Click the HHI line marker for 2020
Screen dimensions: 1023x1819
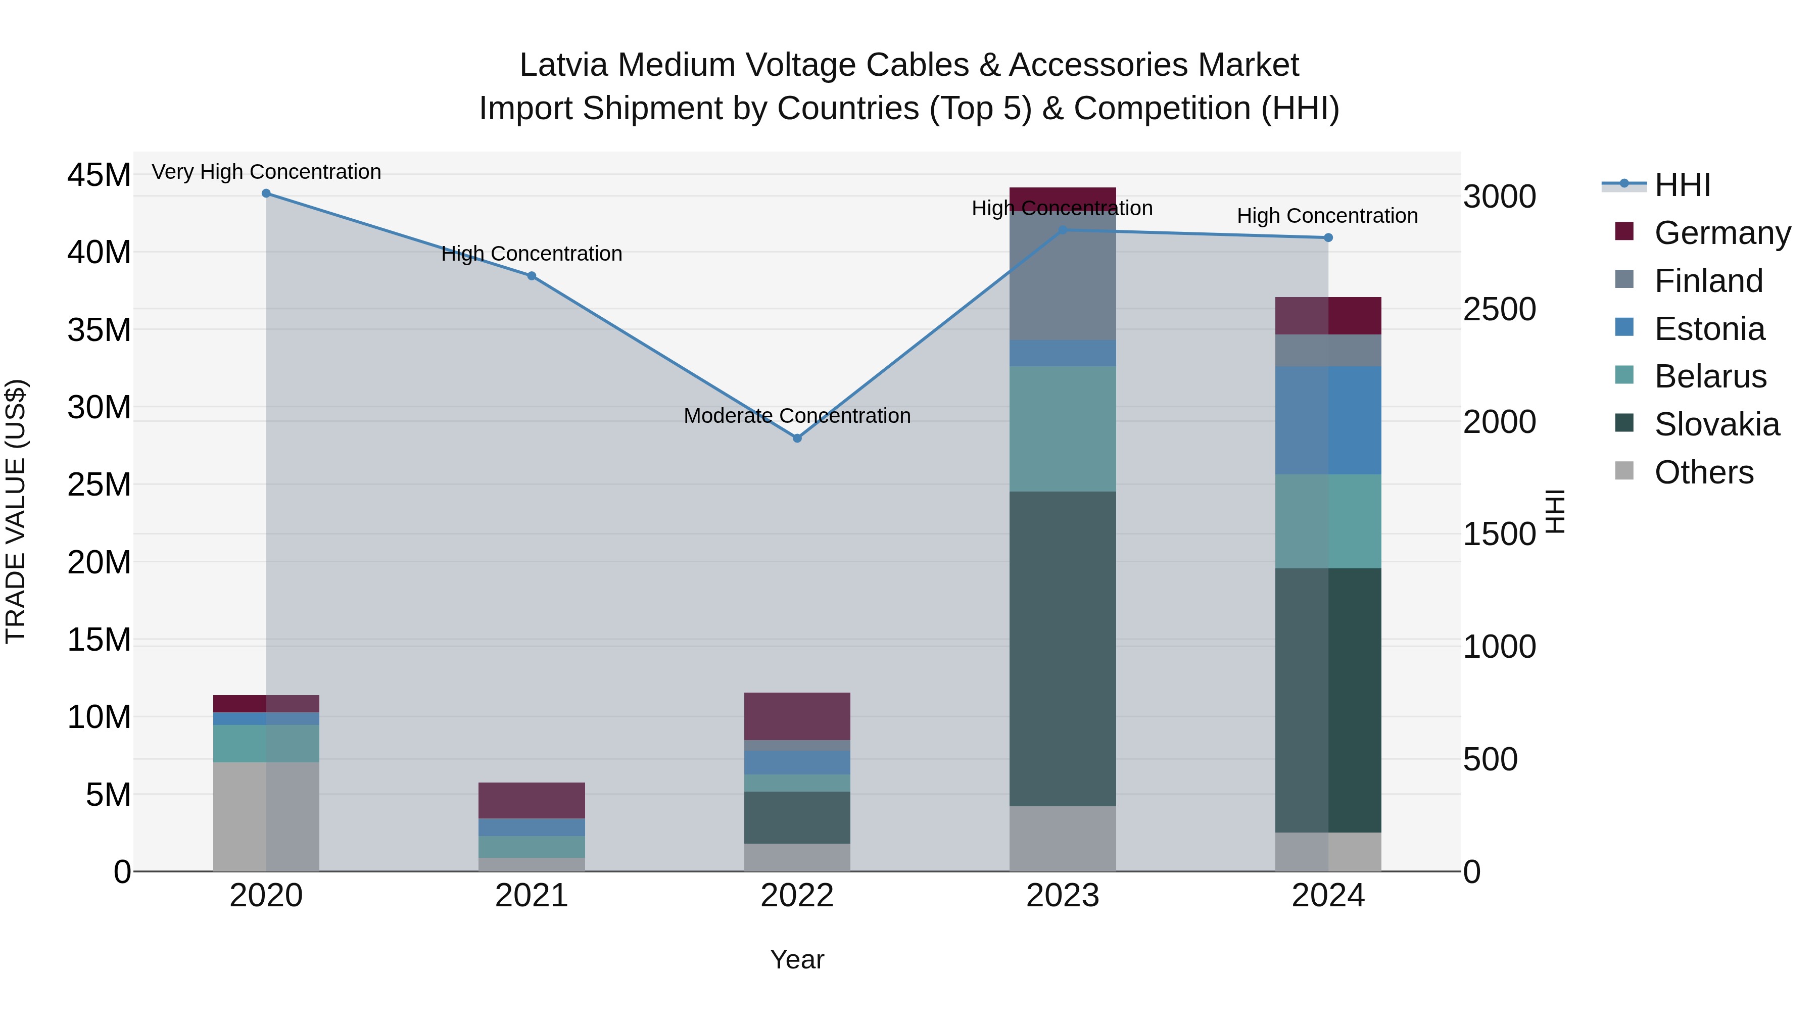pos(266,193)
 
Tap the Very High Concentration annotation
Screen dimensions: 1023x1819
pos(266,172)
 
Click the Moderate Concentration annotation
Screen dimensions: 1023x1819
pos(797,416)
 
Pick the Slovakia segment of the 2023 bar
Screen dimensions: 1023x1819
pos(1062,648)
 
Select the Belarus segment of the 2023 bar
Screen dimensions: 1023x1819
pos(1062,428)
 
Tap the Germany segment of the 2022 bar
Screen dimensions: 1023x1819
pos(797,716)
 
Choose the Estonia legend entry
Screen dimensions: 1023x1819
pos(1709,329)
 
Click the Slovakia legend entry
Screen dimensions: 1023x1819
pos(1716,424)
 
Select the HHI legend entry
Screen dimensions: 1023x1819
pos(1682,185)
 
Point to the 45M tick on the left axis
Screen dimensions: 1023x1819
pos(99,175)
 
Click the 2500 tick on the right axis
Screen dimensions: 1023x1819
pos(1499,309)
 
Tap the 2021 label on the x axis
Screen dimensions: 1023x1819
pos(532,896)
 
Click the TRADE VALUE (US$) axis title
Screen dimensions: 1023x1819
pos(16,511)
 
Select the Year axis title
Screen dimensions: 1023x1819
pos(797,959)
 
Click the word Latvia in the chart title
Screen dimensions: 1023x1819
pos(563,65)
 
